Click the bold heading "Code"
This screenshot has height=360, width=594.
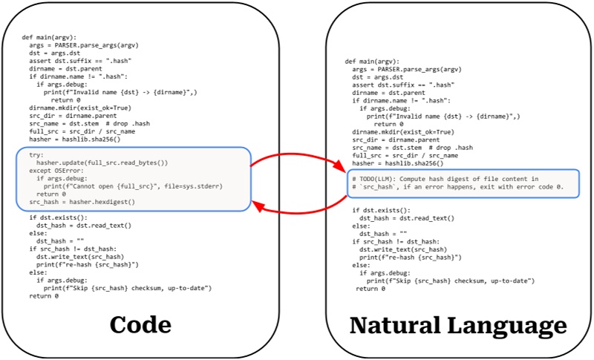(x=140, y=324)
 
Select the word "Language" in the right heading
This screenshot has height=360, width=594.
(x=510, y=325)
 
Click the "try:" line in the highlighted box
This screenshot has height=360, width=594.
(x=36, y=154)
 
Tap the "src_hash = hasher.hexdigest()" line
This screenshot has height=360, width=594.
(x=82, y=202)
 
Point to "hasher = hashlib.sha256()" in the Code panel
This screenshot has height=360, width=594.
(x=75, y=139)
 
